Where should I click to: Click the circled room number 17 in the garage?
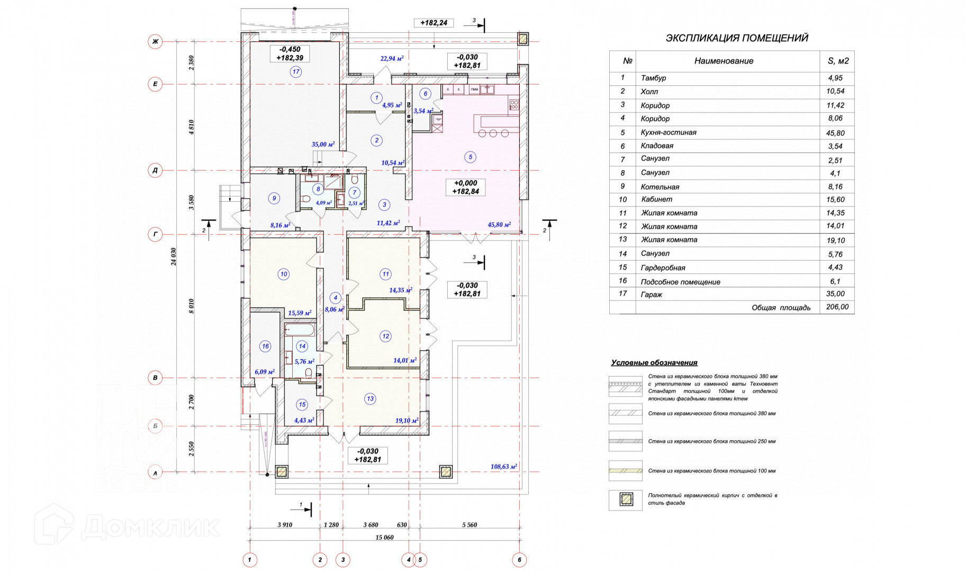tap(295, 71)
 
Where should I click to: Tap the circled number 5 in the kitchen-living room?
tap(470, 157)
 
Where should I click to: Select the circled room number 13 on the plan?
tap(370, 399)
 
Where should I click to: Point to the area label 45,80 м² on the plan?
tap(499, 225)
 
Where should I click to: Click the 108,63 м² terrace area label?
tap(503, 467)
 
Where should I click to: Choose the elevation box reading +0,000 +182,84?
tap(466, 187)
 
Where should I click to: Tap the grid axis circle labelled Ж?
tap(155, 41)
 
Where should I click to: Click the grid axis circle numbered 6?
tap(519, 559)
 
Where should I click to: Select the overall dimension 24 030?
tap(174, 256)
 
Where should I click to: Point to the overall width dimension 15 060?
tap(384, 537)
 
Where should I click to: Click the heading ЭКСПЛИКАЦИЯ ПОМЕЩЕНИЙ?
tap(737, 38)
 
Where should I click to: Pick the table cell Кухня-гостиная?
tap(669, 132)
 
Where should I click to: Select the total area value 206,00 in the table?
tap(837, 307)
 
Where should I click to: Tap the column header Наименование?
tap(724, 61)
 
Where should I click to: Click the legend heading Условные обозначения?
tap(654, 363)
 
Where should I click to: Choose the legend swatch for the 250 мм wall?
tap(625, 441)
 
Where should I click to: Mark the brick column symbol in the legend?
tap(626, 499)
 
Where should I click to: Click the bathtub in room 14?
tap(300, 330)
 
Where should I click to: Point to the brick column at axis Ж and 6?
tap(522, 39)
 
